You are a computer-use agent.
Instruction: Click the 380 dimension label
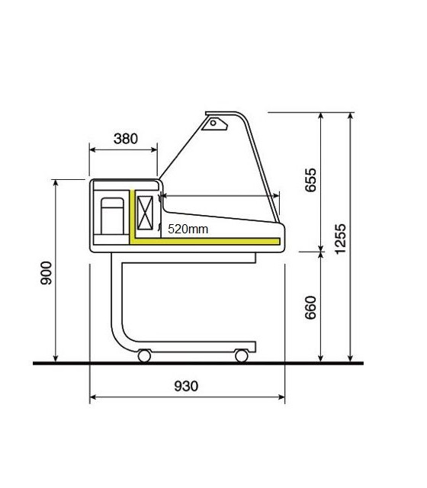(x=125, y=139)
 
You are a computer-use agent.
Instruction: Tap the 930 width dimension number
(x=186, y=386)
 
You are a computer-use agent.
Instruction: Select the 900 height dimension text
(x=47, y=273)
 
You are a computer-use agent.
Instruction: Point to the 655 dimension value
(x=310, y=180)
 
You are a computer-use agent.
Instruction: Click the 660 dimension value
(x=310, y=307)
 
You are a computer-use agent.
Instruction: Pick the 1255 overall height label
(x=340, y=239)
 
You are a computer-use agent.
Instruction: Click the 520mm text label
(x=188, y=230)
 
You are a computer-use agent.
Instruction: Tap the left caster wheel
(x=144, y=356)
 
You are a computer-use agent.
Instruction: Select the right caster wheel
(x=242, y=356)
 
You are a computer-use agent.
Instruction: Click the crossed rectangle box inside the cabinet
(x=145, y=213)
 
